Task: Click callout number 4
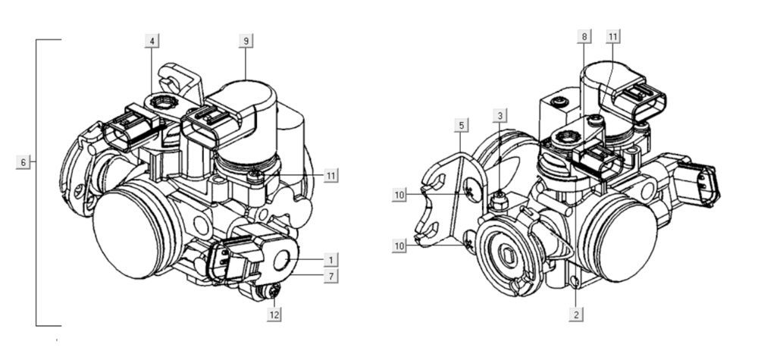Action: pos(153,40)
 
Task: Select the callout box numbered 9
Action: pos(246,40)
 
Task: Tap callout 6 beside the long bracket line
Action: pos(23,162)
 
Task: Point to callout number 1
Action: pos(331,260)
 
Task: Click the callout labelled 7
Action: pos(331,277)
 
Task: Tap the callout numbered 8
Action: pos(582,36)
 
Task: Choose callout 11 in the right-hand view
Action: pos(613,36)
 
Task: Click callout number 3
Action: pos(500,115)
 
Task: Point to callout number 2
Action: pos(577,313)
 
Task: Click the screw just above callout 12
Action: pos(273,290)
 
